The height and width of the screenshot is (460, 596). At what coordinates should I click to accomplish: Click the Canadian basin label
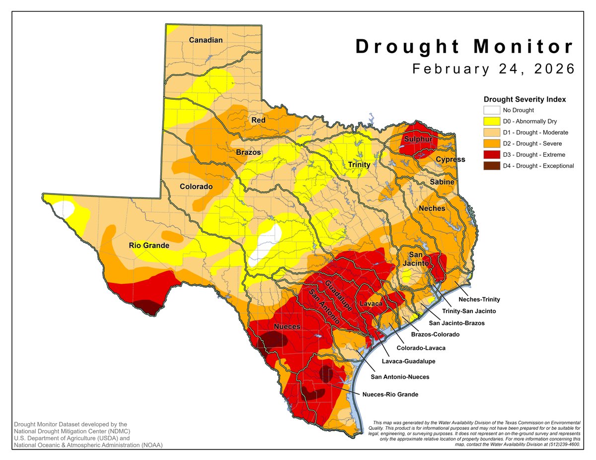click(x=206, y=40)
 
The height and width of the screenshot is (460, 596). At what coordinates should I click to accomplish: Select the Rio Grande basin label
click(x=149, y=245)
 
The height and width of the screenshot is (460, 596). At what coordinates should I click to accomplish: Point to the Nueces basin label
click(x=287, y=326)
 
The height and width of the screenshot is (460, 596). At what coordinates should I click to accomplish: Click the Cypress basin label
click(x=450, y=159)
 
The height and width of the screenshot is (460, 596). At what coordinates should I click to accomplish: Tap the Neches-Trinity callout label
click(x=479, y=299)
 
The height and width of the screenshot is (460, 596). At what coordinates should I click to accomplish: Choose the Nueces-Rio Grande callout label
click(x=390, y=394)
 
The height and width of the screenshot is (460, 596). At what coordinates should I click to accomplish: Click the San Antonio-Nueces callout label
click(x=399, y=377)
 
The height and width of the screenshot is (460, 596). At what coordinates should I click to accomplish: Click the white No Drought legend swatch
click(x=491, y=111)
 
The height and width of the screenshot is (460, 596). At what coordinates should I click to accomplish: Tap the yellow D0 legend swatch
click(x=491, y=122)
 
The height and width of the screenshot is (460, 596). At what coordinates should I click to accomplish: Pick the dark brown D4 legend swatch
click(x=491, y=166)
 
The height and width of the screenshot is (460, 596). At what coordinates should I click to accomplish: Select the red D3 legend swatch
click(x=491, y=155)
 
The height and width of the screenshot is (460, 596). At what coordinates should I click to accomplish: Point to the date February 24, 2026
click(x=494, y=68)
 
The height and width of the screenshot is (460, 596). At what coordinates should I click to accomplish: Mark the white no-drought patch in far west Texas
click(x=63, y=208)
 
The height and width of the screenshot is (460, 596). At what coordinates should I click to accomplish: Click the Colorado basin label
click(x=196, y=187)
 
